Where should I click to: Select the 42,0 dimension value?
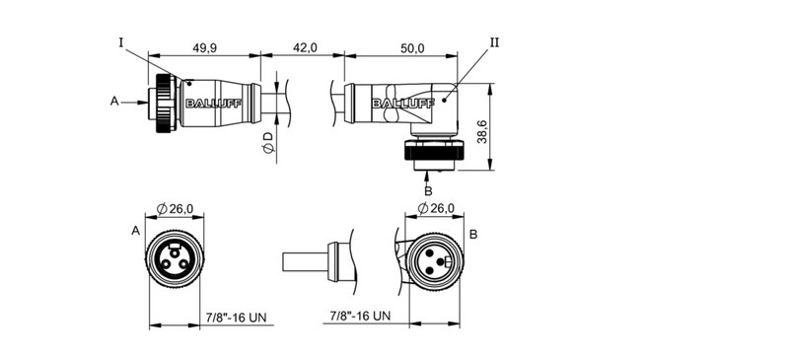(x=301, y=47)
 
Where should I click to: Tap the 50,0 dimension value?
(x=411, y=47)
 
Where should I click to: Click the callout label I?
(x=120, y=42)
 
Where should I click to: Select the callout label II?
(x=494, y=42)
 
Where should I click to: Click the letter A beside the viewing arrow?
(x=114, y=101)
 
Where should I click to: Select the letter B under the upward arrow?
(x=427, y=189)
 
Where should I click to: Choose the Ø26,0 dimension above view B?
(x=436, y=208)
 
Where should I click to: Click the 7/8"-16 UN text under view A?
(x=238, y=317)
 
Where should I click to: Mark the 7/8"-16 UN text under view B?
(x=359, y=317)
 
